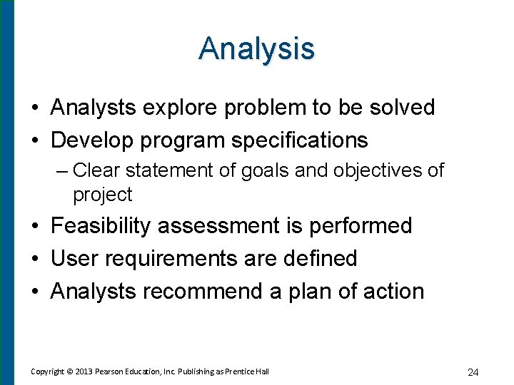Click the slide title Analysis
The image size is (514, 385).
pos(257,48)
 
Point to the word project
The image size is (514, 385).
pos(102,195)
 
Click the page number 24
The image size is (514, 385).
pos(473,371)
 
